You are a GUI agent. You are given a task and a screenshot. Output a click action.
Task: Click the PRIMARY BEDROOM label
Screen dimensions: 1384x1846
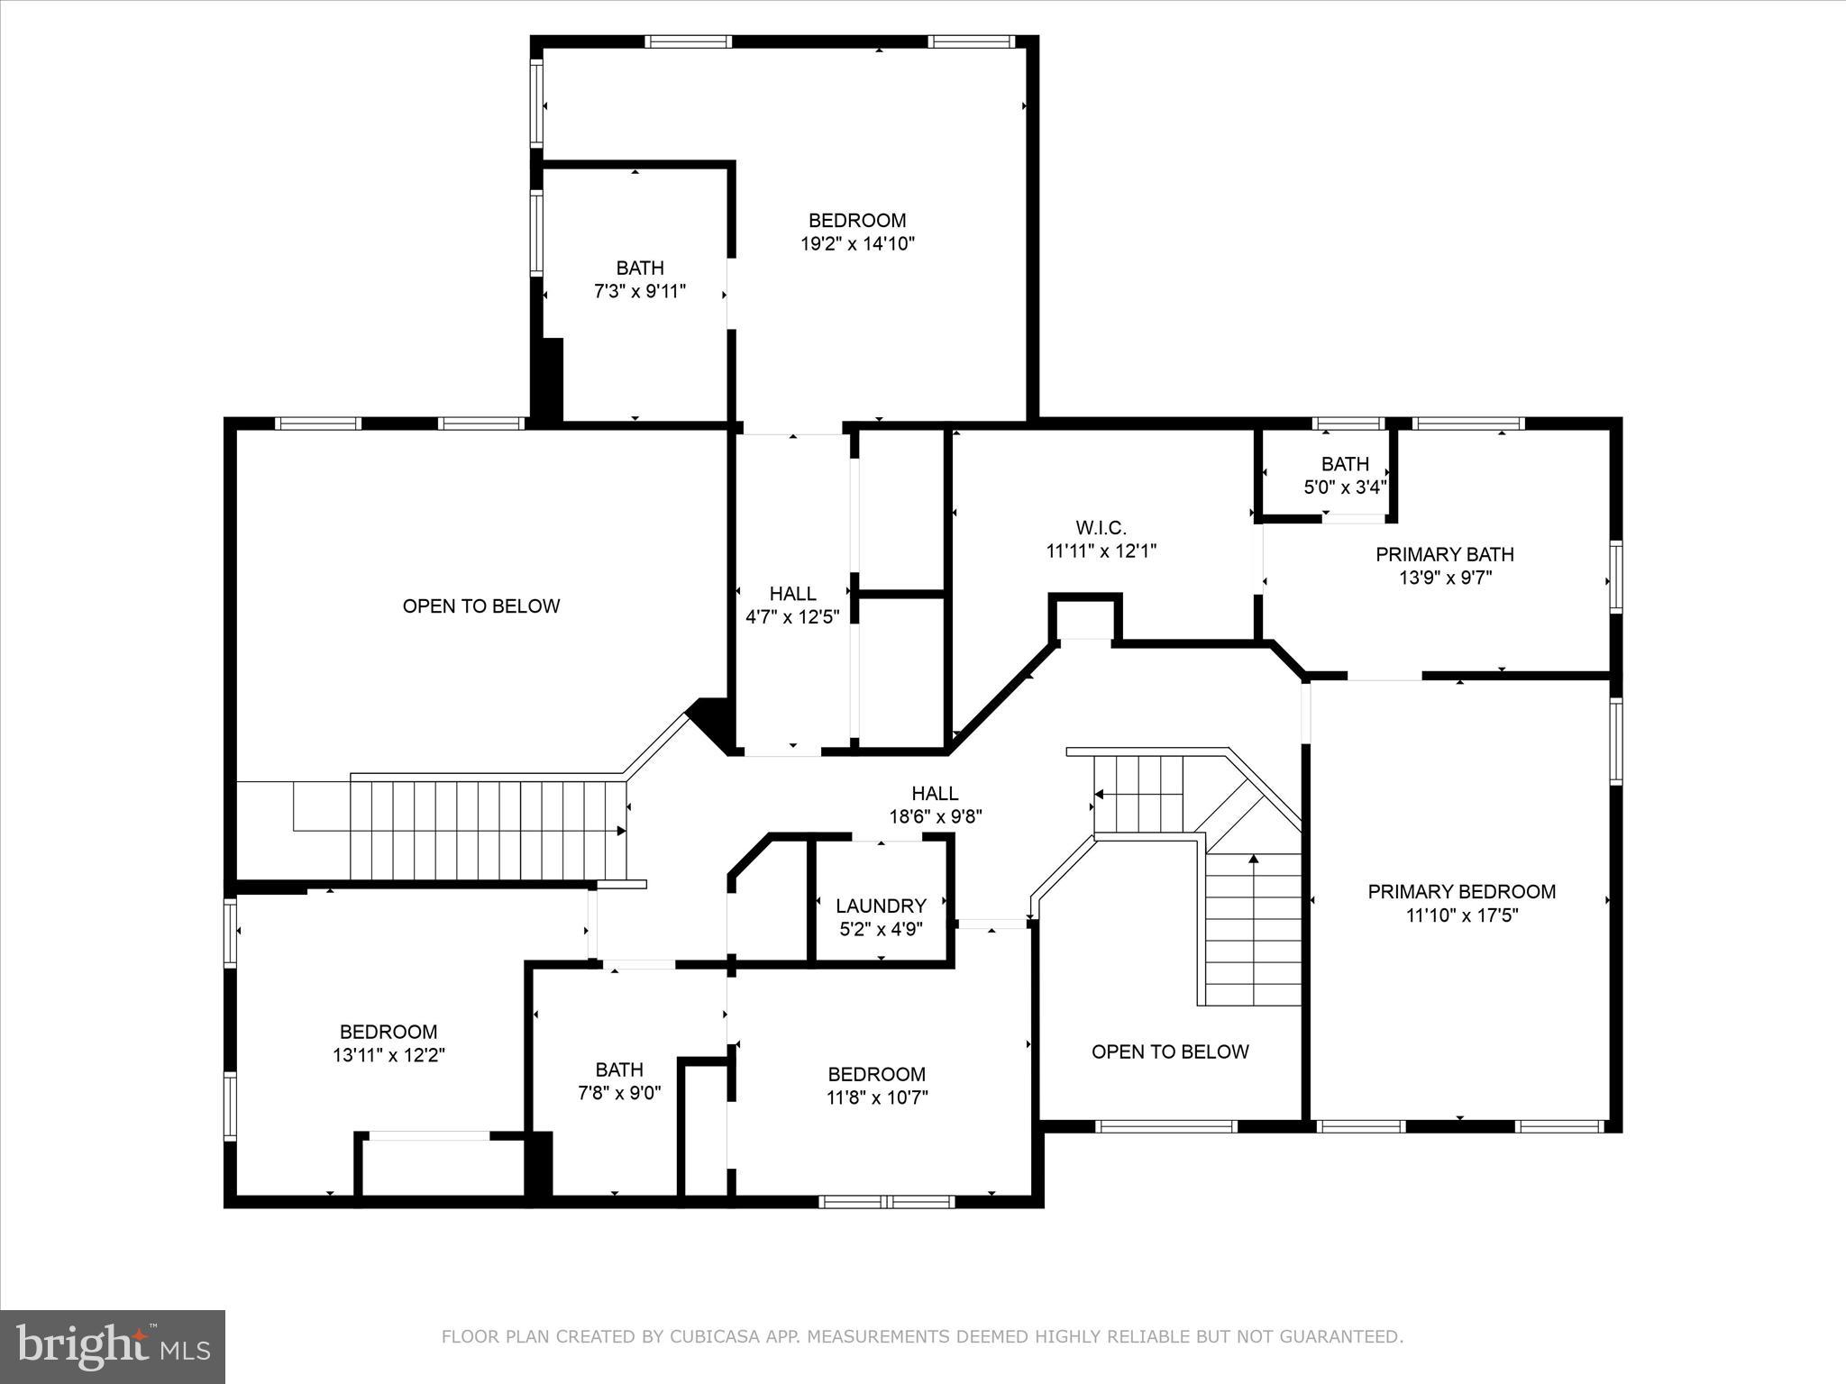point(1461,892)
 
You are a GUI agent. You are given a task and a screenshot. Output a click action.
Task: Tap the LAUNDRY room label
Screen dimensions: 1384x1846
point(881,906)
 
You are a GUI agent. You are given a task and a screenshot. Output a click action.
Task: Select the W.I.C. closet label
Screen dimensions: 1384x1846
point(1101,528)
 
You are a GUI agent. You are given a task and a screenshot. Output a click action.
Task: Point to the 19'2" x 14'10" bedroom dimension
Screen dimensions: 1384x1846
point(857,244)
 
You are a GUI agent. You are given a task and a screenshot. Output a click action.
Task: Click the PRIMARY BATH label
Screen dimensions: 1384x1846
point(1444,554)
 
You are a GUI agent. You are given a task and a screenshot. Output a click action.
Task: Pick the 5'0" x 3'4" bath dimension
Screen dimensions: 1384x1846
point(1345,487)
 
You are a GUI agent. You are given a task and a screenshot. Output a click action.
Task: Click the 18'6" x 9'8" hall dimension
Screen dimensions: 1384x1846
point(935,817)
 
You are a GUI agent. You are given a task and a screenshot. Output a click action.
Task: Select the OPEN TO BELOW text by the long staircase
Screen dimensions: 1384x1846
point(481,606)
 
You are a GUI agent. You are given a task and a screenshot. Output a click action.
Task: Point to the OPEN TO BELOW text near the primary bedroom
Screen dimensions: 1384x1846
point(1170,1052)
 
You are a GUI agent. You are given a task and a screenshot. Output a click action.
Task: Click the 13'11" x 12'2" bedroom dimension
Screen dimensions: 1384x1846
point(388,1055)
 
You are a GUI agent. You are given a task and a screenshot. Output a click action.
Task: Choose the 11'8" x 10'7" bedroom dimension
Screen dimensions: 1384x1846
point(876,1097)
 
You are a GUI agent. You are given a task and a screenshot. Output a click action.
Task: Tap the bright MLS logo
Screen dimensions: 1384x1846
point(113,1346)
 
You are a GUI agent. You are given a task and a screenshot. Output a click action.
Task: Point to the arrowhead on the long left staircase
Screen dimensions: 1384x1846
point(620,830)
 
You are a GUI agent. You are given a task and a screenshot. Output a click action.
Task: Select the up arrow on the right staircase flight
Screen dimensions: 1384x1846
point(1253,859)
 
